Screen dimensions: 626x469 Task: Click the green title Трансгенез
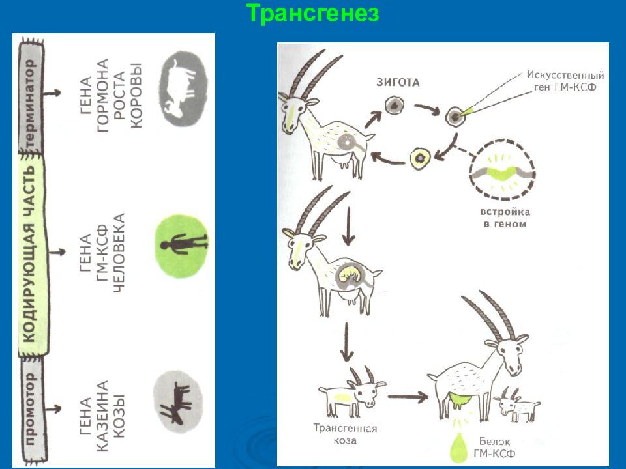312,13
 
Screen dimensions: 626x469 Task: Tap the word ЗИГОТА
398,83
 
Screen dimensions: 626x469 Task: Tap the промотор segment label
31,409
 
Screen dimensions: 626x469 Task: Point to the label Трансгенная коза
346,434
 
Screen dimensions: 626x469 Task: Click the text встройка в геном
505,218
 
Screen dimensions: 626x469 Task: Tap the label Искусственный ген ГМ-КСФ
565,81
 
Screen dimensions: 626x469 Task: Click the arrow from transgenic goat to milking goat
408,397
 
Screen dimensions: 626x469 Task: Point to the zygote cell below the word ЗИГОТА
395,106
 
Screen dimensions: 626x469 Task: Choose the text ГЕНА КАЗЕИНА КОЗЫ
102,416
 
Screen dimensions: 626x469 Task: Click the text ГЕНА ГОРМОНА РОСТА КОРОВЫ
111,94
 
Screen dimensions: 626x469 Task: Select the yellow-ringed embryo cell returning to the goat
421,158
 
